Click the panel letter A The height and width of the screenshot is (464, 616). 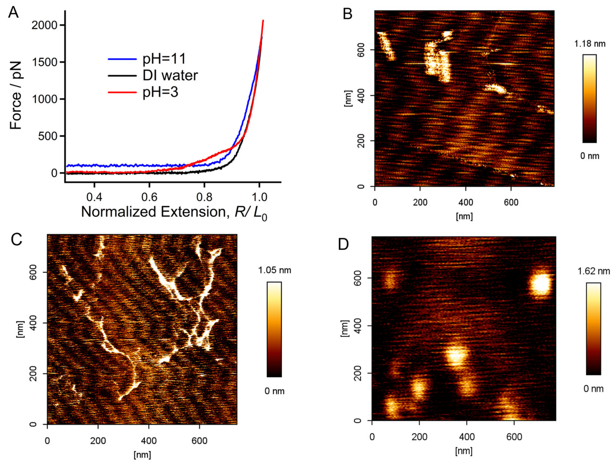[13, 12]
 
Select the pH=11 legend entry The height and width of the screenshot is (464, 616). [164, 59]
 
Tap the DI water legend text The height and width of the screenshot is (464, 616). [170, 75]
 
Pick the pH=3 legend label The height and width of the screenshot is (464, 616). [160, 92]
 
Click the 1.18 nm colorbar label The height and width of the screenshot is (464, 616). [590, 44]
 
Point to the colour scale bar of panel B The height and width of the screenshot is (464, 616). [589, 98]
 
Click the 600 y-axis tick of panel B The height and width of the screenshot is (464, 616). [362, 50]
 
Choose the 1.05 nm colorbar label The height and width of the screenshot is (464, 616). [275, 270]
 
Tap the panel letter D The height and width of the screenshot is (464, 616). [343, 244]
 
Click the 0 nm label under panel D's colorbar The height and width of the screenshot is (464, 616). [593, 389]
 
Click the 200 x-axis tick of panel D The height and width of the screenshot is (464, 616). [419, 437]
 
